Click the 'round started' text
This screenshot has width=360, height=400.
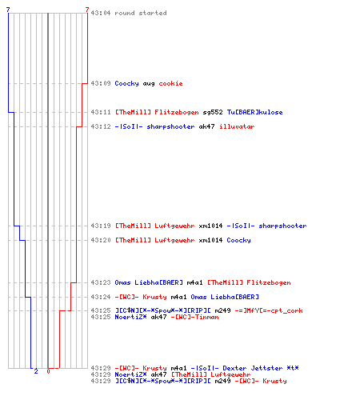pos(141,13)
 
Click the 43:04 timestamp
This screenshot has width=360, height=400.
pos(101,13)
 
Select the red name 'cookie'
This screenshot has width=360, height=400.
pos(170,83)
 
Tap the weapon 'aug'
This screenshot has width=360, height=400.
pos(149,84)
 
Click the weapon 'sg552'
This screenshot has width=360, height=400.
pos(213,112)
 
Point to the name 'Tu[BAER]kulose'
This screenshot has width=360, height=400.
pos(254,112)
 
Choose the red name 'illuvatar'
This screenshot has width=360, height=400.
pos(237,126)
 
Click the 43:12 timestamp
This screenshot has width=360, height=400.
pos(101,126)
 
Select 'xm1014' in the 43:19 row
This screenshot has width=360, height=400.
pos(210,226)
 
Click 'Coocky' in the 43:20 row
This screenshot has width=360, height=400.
pos(238,240)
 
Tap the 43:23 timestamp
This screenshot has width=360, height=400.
pos(101,282)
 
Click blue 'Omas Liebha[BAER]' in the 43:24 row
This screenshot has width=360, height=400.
pos(225,297)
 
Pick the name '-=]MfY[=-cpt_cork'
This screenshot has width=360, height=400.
pos(269,310)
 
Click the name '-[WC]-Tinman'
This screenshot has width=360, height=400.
pos(194,317)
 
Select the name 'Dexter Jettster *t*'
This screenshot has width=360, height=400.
pos(261,368)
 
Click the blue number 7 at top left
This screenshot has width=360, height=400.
pos(8,10)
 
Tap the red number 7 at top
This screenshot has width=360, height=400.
pos(87,10)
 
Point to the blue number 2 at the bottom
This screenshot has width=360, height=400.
pos(36,371)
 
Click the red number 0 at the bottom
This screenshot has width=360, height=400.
pos(48,371)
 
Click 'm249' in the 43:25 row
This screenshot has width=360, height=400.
pos(222,310)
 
